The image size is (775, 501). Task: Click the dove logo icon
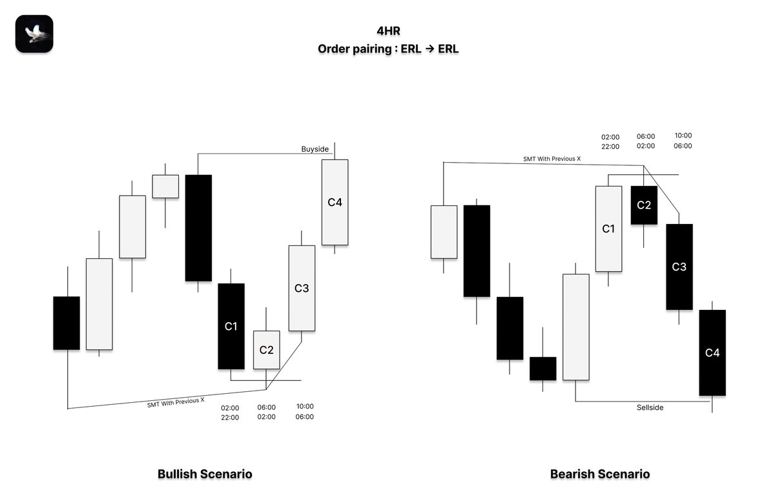coord(34,34)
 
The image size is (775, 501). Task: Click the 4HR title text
coord(388,31)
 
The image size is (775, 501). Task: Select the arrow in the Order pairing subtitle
coord(429,49)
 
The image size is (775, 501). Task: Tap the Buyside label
coord(315,149)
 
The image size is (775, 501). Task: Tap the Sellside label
coord(650,407)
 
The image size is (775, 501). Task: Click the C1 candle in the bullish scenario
coord(231,327)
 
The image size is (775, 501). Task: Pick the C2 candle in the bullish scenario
coord(266,350)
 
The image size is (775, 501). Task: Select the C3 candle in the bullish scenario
coord(302,288)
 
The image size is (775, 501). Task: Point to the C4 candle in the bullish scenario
coord(335,202)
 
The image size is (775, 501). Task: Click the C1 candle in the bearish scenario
coord(608,229)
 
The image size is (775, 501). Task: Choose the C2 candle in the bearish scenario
coord(644,205)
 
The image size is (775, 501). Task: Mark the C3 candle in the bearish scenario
coord(679,267)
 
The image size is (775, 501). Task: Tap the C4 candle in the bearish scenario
coord(712,353)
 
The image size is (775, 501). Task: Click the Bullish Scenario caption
coord(205,474)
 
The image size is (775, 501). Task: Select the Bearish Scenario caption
coord(600,474)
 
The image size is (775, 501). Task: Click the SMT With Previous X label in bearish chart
coord(552,159)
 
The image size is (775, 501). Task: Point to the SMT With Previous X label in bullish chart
coord(176,402)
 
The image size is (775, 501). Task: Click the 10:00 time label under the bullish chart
coord(305,406)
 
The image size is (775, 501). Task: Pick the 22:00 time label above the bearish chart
coord(610,147)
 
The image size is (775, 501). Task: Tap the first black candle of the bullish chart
coord(67,323)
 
